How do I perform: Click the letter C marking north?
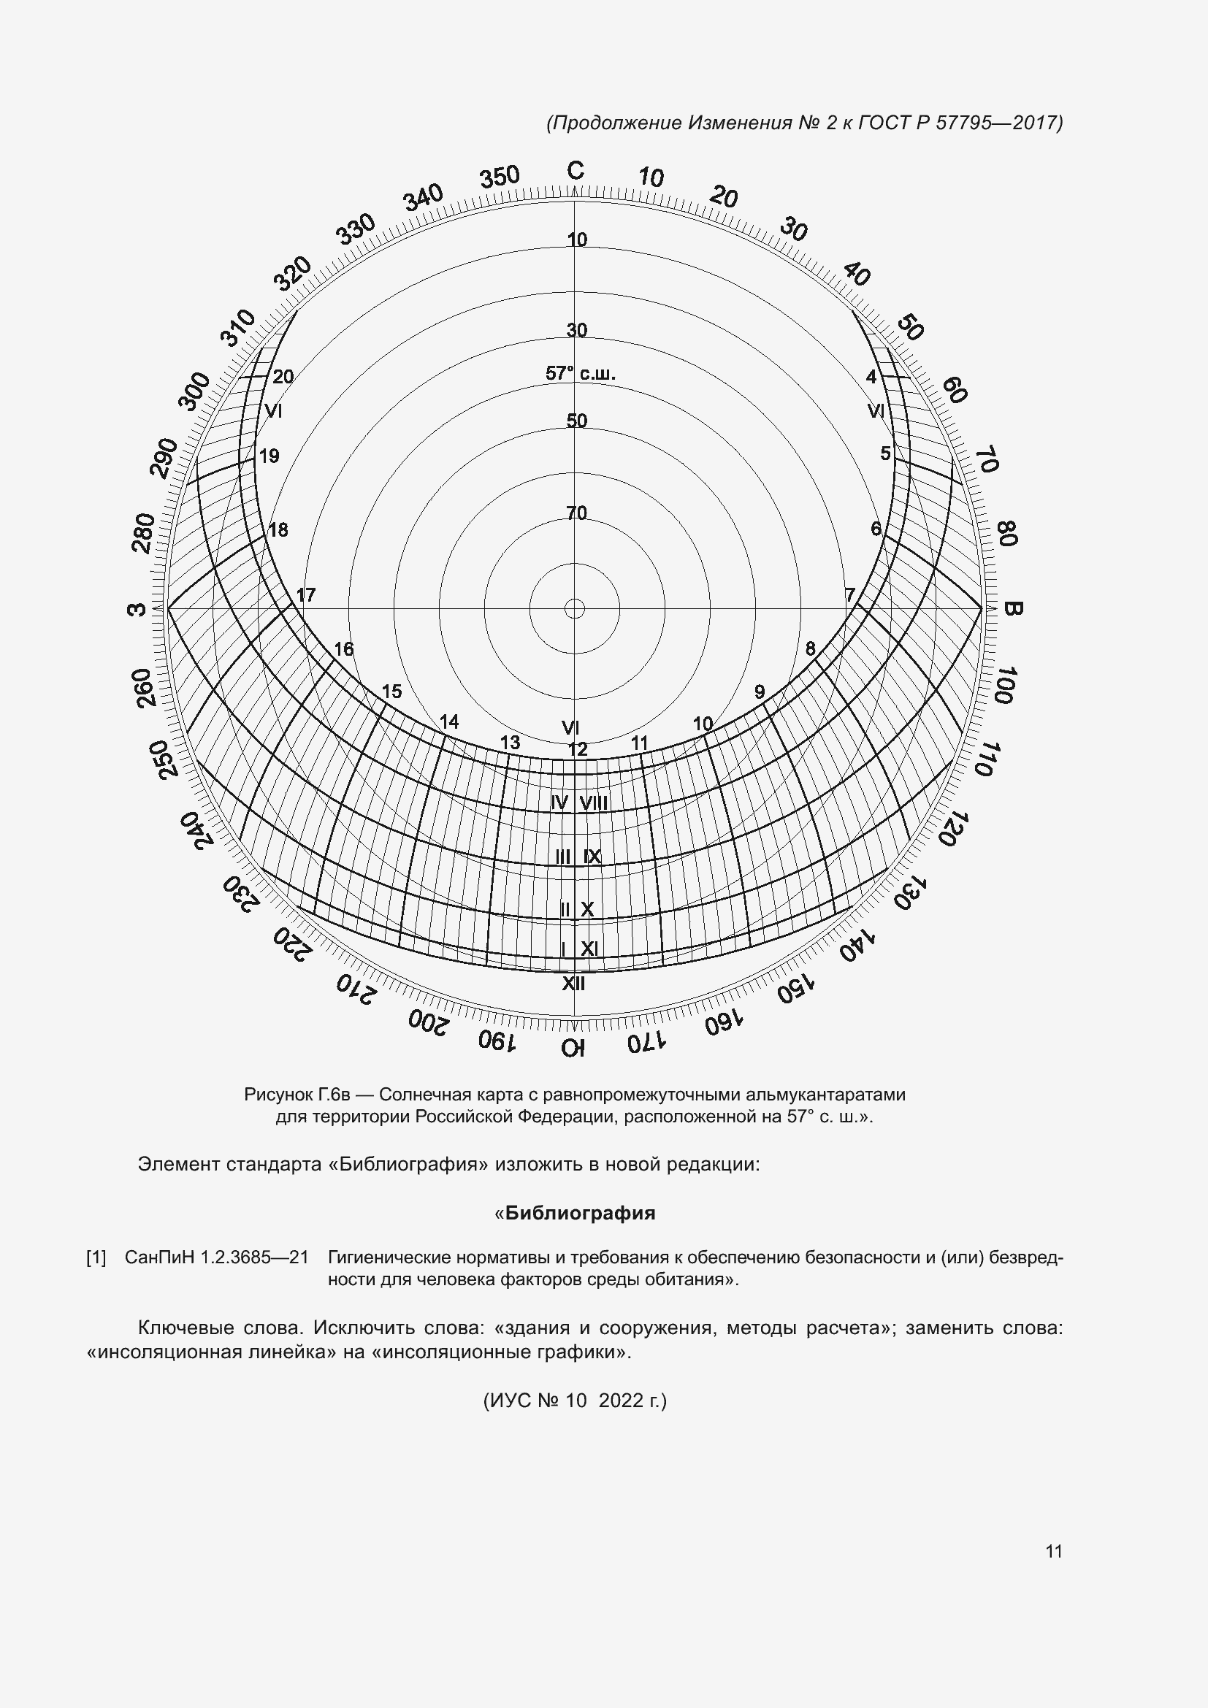575,171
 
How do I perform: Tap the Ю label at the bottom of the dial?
573,1048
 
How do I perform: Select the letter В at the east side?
1012,608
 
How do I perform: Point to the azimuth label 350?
499,177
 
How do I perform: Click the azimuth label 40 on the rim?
857,275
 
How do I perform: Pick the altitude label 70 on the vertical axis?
576,513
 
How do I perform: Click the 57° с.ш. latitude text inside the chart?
580,373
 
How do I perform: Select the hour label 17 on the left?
306,595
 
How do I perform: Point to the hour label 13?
510,743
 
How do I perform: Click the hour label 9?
760,692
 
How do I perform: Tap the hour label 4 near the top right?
871,376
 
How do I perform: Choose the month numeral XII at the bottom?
573,984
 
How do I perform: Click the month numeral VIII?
594,803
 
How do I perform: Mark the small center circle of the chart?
574,608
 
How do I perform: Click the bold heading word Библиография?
579,1214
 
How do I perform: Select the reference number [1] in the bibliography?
96,1258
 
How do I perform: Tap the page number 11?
1053,1552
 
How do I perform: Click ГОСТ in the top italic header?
884,123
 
